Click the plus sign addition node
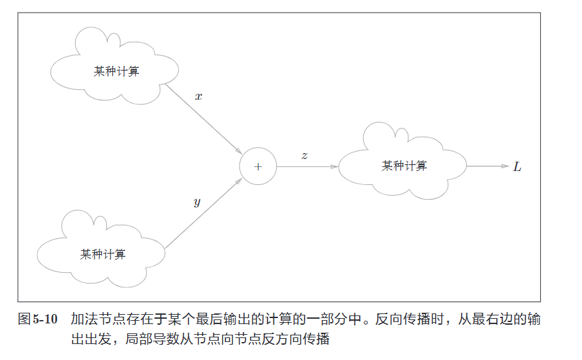click(257, 166)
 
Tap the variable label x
click(198, 96)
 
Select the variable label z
click(304, 156)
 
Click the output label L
click(517, 166)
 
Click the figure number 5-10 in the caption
click(45, 320)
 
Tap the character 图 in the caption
click(23, 320)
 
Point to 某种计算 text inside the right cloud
click(404, 166)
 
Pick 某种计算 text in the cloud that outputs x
click(116, 71)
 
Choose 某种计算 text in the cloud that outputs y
click(103, 254)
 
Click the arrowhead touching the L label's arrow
click(505, 166)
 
